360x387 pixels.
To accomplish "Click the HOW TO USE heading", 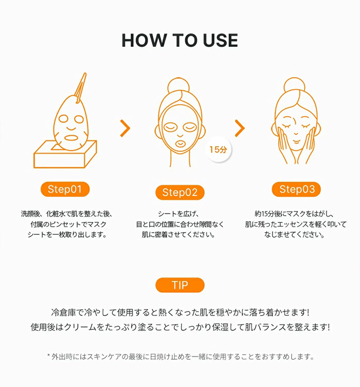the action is [x=180, y=40].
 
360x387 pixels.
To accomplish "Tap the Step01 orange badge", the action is [x=65, y=189].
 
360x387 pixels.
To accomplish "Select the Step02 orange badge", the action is [x=180, y=192].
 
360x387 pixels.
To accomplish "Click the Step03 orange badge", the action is [x=296, y=189].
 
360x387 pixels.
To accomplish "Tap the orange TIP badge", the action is [x=180, y=285].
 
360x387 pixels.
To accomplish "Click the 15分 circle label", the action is [x=218, y=149].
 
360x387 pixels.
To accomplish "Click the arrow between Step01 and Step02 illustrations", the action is [x=125, y=128].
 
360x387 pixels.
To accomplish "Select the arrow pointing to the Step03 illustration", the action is [x=240, y=128].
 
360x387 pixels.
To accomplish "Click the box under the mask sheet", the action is [x=65, y=155].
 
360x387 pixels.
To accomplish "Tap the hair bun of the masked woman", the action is [x=178, y=85].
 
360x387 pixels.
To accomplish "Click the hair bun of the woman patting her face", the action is [x=294, y=85].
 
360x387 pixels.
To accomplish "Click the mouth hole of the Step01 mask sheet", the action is [x=71, y=138].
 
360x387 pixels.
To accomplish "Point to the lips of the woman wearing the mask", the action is [x=180, y=144].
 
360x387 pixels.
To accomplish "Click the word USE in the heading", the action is [x=221, y=40].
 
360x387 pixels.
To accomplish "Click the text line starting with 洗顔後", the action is [x=67, y=214].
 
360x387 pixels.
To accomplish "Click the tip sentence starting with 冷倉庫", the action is [x=180, y=312].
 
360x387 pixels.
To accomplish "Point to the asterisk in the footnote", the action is [x=48, y=356].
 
